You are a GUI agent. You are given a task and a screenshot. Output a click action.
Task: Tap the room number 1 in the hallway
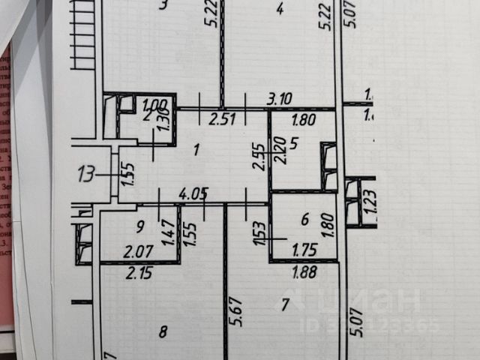click(196, 150)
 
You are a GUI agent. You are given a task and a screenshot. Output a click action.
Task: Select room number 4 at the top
click(279, 9)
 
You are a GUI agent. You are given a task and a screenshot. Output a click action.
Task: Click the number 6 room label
click(304, 219)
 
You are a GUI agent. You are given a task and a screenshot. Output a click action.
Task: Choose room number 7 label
click(284, 304)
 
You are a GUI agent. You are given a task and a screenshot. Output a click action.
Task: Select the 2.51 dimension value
click(222, 118)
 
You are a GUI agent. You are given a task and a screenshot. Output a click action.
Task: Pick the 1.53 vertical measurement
click(259, 233)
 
